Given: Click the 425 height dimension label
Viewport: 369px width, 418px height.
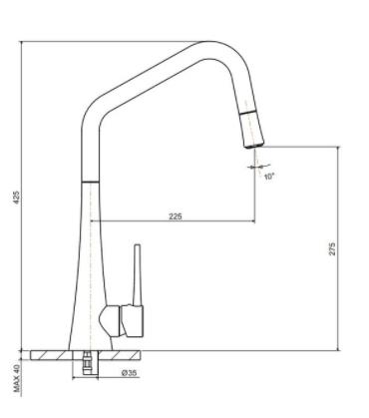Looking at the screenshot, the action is [18, 198].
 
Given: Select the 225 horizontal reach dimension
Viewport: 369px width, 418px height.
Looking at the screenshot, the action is [176, 216].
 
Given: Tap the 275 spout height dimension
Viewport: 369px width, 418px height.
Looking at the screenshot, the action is [332, 249].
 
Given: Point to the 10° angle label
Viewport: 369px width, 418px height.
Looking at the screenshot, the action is [269, 177].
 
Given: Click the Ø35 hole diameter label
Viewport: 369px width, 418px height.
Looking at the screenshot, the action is [130, 373].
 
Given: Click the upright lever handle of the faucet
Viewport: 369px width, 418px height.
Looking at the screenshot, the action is [138, 275].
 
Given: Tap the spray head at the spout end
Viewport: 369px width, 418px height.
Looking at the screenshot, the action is [252, 130].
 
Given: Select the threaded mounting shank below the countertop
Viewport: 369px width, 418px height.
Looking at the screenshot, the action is [88, 362].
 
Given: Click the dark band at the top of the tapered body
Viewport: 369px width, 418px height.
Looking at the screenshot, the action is [91, 182].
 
